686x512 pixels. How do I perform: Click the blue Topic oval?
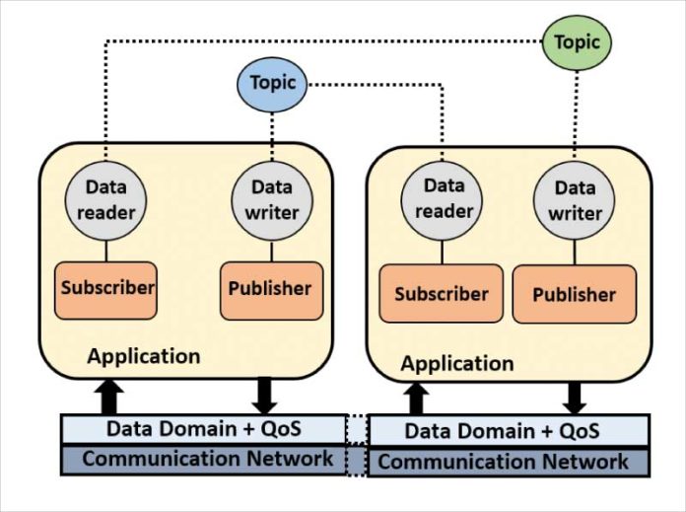[x=273, y=82]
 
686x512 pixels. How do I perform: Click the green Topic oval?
[x=577, y=41]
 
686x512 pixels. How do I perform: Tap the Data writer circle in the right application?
[x=575, y=200]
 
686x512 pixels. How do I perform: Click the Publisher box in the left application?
[x=271, y=290]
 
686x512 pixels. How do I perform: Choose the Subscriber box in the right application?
[x=441, y=294]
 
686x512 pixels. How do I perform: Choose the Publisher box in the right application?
[x=574, y=294]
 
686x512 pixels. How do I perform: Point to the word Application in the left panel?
[x=144, y=355]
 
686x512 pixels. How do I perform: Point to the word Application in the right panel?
[x=456, y=363]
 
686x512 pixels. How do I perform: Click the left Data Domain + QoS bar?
[x=203, y=429]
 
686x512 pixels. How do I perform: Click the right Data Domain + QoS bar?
[x=509, y=431]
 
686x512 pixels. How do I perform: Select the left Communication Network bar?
[x=203, y=459]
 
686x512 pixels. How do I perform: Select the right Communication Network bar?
[x=509, y=461]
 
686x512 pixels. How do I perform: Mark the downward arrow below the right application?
[x=576, y=397]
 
